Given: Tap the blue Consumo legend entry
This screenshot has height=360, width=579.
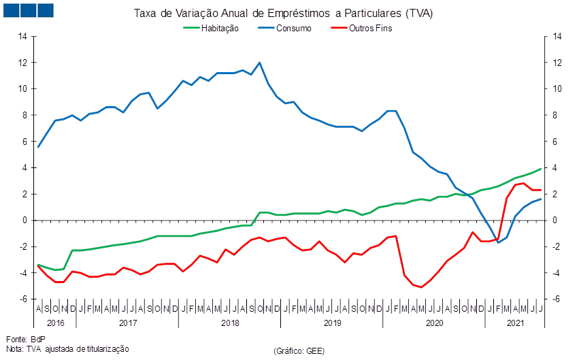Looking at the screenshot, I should pyautogui.click(x=295, y=29).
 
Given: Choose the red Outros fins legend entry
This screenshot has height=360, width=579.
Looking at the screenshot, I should pyautogui.click(x=370, y=29).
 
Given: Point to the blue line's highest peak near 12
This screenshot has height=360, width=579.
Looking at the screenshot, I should pyautogui.click(x=260, y=63).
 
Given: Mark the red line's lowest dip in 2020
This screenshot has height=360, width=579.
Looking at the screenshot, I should pyautogui.click(x=422, y=287).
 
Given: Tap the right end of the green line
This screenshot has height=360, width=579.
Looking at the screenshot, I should pyautogui.click(x=541, y=169).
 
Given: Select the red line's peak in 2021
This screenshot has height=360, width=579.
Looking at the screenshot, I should pyautogui.click(x=523, y=183).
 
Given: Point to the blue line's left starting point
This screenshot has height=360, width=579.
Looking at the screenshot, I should pyautogui.click(x=38, y=147).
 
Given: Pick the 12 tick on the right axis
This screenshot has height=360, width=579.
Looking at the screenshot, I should pyautogui.click(x=557, y=63).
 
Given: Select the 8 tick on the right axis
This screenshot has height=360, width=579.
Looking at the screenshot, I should pyautogui.click(x=557, y=115).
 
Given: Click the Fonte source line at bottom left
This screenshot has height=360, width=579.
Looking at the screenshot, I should pyautogui.click(x=20, y=338).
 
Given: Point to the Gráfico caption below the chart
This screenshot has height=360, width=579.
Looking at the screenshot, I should pyautogui.click(x=298, y=350).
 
